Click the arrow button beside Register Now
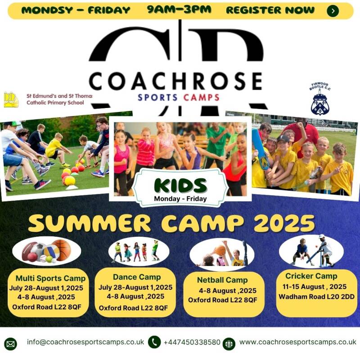click(x=333, y=10)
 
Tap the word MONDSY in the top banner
click(x=47, y=10)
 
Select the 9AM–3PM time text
click(x=179, y=9)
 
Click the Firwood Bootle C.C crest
click(x=320, y=99)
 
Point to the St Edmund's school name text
click(x=59, y=99)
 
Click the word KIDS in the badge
click(x=180, y=185)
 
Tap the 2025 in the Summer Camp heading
click(x=284, y=223)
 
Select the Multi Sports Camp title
click(x=50, y=278)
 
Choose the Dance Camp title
click(x=137, y=277)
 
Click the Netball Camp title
click(x=222, y=280)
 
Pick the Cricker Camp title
click(x=311, y=276)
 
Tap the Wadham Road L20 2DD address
click(x=316, y=297)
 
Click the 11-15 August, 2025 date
click(x=314, y=287)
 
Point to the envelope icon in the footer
click(x=10, y=344)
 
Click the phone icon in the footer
click(x=154, y=342)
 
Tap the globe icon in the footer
click(x=229, y=344)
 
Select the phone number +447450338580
click(x=192, y=342)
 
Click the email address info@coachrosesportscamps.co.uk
click(x=85, y=342)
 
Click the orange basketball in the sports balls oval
click(x=61, y=250)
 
